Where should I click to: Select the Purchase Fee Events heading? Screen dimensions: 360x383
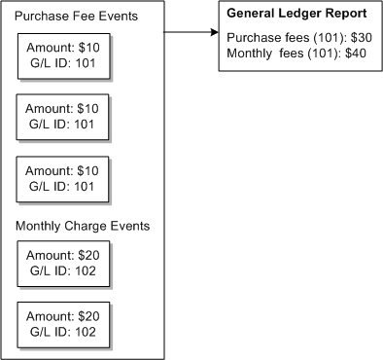click(76, 17)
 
